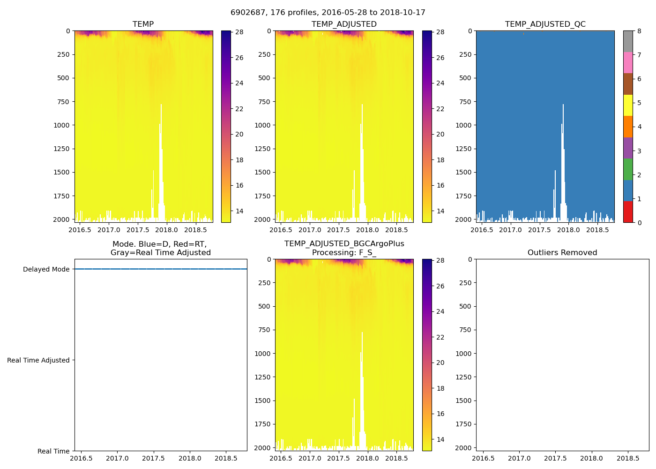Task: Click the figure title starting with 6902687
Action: click(328, 13)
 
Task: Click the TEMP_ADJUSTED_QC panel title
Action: click(545, 24)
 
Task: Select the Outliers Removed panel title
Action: click(562, 252)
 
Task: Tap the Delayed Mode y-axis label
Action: click(46, 269)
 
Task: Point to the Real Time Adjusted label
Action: click(38, 360)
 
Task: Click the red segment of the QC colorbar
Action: click(627, 212)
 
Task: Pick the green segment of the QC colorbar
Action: click(627, 169)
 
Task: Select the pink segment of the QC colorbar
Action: click(627, 62)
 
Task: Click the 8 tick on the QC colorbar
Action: click(639, 31)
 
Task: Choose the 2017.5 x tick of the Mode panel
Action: click(153, 458)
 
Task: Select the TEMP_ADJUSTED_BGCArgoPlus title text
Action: click(344, 244)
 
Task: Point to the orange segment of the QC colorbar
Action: click(627, 127)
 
